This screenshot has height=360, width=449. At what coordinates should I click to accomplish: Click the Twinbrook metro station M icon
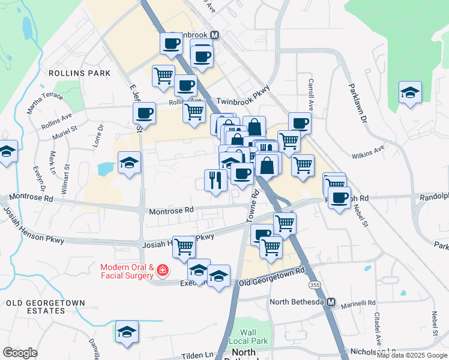pyautogui.click(x=214, y=35)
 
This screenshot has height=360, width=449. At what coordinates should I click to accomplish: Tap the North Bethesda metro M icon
pyautogui.click(x=331, y=302)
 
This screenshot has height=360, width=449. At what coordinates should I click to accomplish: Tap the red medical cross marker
pyautogui.click(x=161, y=272)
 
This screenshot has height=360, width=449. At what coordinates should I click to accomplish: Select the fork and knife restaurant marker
pyautogui.click(x=215, y=179)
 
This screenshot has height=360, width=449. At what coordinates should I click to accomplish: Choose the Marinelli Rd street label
pyautogui.click(x=358, y=303)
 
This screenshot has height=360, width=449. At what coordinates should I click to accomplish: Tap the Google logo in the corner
pyautogui.click(x=20, y=353)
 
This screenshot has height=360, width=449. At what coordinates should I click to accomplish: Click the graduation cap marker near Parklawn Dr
pyautogui.click(x=410, y=92)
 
